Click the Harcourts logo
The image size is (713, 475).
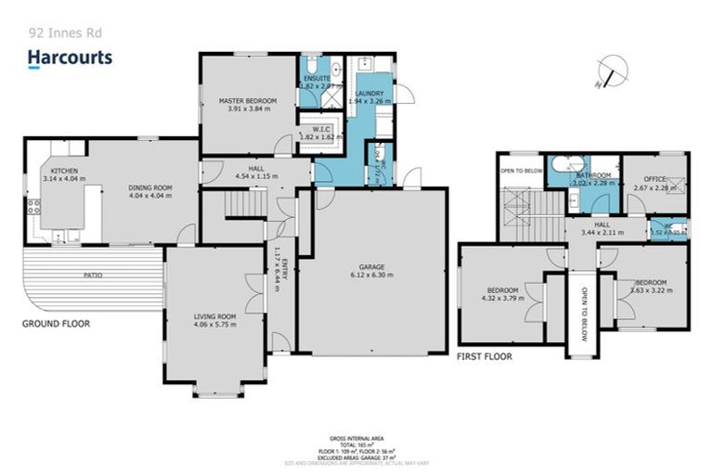[70, 58]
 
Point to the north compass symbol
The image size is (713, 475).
[613, 71]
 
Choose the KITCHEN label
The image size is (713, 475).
[64, 172]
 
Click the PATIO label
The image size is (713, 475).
[92, 276]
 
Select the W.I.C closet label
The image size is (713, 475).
[320, 129]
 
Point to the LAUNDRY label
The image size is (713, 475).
[369, 93]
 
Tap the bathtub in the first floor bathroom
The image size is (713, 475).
[563, 164]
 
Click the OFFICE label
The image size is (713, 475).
[655, 178]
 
